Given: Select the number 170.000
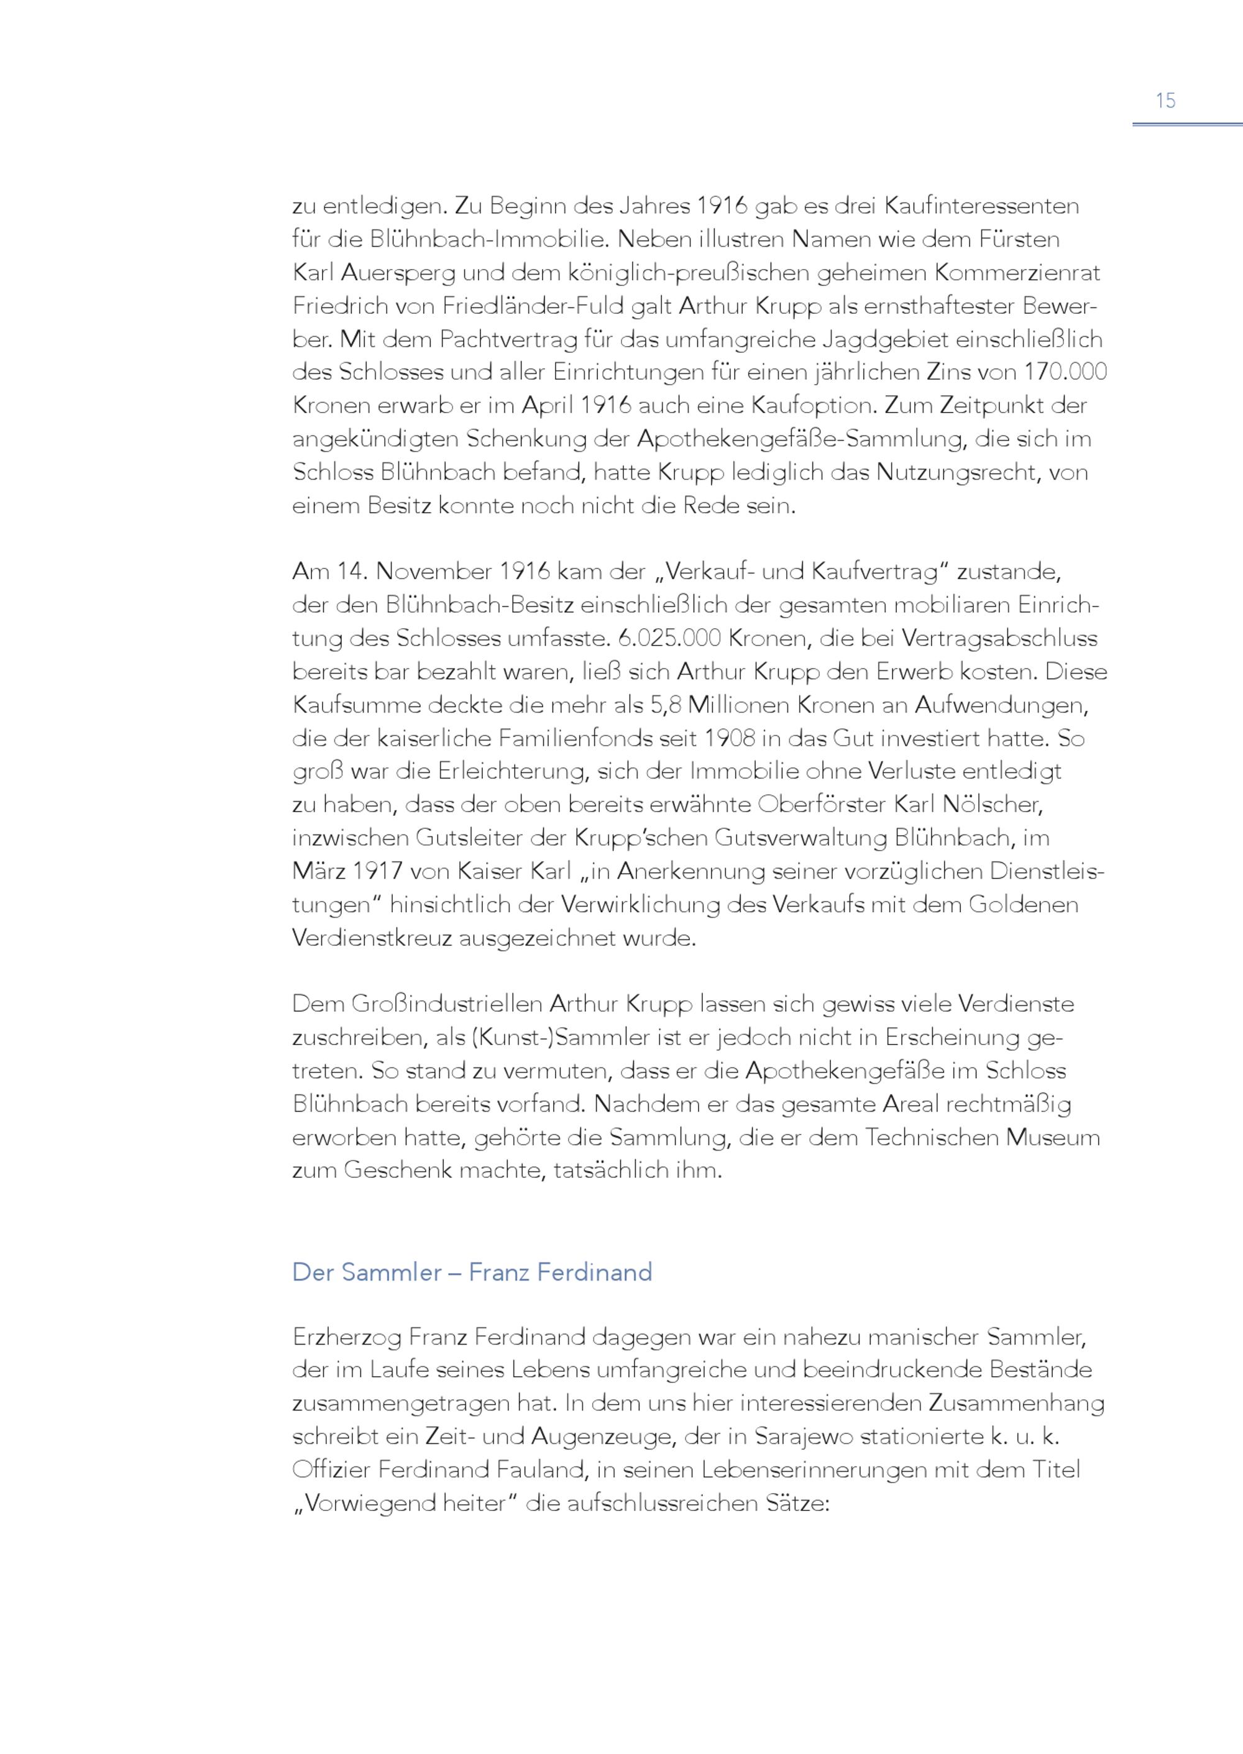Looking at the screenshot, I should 1066,372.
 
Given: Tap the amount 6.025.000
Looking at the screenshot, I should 667,638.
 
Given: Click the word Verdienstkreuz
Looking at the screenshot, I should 373,938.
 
